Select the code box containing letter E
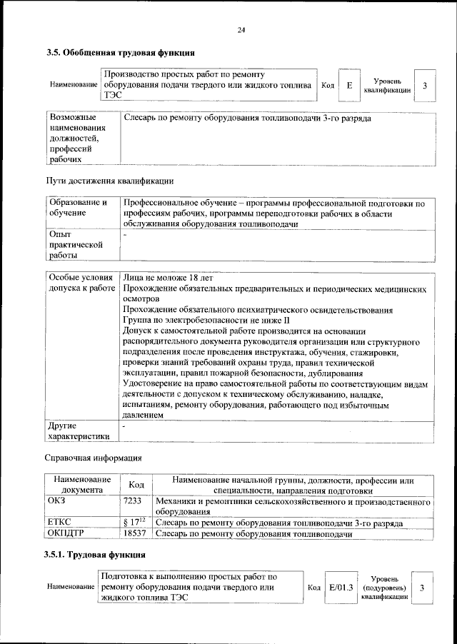(x=348, y=86)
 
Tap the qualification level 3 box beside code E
(x=425, y=86)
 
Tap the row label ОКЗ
(x=56, y=502)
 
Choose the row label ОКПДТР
(x=65, y=533)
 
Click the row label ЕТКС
(x=59, y=523)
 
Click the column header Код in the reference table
(x=136, y=485)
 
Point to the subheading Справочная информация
(x=93, y=456)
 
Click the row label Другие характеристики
(x=78, y=431)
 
